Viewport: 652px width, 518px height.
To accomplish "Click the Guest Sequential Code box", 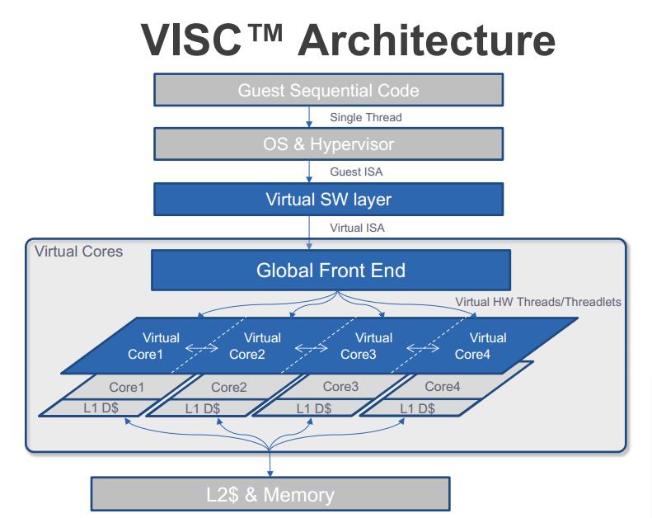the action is (329, 90).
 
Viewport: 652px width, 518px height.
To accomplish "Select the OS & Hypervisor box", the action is (329, 144).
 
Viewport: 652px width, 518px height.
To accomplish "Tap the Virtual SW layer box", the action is (329, 200).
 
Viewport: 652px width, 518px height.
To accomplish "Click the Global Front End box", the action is (331, 270).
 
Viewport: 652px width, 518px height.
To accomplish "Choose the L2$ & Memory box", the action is (270, 494).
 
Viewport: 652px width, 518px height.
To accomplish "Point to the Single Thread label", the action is (366, 117).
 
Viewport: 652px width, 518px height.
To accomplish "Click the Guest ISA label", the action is (356, 172).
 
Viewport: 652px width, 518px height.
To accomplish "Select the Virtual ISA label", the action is (357, 228).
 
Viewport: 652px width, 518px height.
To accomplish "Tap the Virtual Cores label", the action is (78, 252).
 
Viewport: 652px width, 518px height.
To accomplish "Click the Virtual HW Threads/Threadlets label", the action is (538, 302).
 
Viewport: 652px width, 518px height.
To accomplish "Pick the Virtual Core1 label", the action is (153, 346).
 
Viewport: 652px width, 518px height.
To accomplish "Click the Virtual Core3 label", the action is (366, 346).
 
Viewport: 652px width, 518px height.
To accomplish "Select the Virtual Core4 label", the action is (481, 346).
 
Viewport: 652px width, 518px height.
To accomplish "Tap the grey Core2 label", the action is (228, 388).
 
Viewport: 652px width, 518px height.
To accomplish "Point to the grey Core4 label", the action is (443, 387).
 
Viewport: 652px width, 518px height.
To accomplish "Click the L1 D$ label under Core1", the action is (101, 407).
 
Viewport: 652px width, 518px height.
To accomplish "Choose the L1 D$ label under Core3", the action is (313, 408).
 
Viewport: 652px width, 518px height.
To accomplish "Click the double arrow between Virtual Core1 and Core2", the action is (201, 347).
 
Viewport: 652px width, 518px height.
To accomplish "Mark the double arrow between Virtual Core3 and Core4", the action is (423, 347).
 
